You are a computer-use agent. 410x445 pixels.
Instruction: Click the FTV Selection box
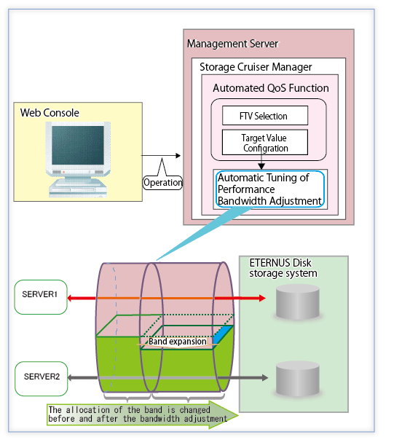click(x=265, y=116)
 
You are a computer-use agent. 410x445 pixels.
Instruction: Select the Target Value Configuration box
click(x=265, y=143)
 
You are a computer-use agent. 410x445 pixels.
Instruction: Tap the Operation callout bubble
click(x=162, y=183)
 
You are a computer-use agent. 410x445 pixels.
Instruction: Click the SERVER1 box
click(x=41, y=297)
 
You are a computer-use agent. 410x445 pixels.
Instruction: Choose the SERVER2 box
click(x=42, y=379)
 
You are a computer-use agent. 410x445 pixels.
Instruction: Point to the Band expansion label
click(x=178, y=342)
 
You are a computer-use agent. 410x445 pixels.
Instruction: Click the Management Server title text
click(x=232, y=44)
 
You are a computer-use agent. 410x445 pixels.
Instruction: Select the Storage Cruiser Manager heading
click(x=256, y=67)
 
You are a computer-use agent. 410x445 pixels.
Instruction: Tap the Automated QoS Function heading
click(x=271, y=88)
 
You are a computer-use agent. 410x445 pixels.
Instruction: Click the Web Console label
click(x=50, y=113)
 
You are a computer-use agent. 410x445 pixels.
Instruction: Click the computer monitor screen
click(x=78, y=146)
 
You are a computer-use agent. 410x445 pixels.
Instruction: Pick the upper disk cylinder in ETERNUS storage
click(x=298, y=302)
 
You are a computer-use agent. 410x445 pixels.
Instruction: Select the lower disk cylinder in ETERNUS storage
click(x=298, y=378)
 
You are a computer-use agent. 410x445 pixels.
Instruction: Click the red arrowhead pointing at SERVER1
click(x=71, y=299)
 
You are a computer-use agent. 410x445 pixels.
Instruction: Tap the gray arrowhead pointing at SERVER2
click(x=71, y=378)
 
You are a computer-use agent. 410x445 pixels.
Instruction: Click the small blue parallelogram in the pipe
click(x=223, y=335)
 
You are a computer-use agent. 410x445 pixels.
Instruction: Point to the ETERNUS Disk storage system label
click(x=283, y=268)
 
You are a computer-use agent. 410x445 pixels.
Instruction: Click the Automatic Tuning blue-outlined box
click(x=270, y=189)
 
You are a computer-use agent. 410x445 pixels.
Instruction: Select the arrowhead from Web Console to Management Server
click(x=178, y=156)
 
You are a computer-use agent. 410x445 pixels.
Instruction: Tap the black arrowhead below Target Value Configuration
click(x=261, y=166)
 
